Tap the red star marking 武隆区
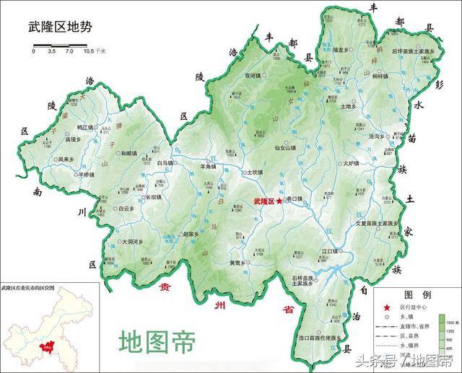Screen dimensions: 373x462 pyautogui.click(x=280, y=201)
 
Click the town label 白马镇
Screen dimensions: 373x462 pyautogui.click(x=167, y=163)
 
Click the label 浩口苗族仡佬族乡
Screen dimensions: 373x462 pyautogui.click(x=323, y=338)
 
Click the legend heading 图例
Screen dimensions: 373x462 pyautogui.click(x=417, y=296)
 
